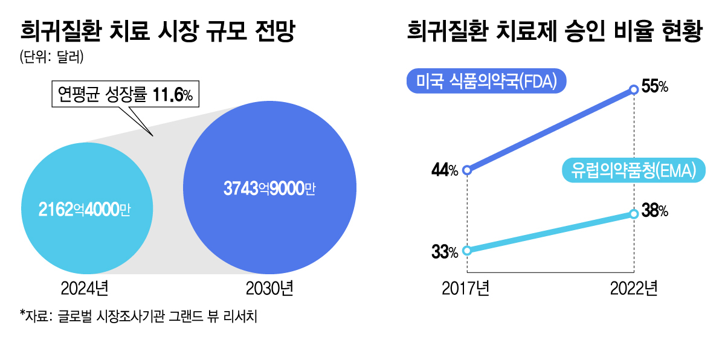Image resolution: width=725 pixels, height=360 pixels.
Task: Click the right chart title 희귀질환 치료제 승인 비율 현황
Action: [x=554, y=31]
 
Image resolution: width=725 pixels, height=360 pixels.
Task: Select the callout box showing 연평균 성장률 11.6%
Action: [x=125, y=94]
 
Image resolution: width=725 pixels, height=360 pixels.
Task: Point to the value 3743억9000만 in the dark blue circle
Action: [x=270, y=188]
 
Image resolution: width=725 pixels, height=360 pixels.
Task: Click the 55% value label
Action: [x=654, y=88]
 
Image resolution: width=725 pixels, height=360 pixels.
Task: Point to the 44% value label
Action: [x=445, y=171]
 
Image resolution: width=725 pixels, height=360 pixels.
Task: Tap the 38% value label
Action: [x=654, y=211]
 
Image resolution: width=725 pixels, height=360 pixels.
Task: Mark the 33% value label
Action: [x=445, y=252]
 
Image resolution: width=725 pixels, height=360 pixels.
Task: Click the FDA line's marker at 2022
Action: [x=634, y=90]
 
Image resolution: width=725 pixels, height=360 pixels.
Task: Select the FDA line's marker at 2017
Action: [x=466, y=170]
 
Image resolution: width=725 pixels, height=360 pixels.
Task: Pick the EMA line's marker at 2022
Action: [x=634, y=213]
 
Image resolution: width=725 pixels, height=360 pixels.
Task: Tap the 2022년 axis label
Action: [x=633, y=289]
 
